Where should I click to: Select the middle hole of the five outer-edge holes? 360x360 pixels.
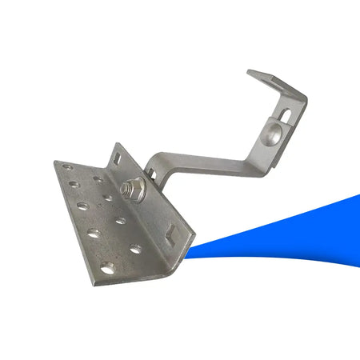point(82,206)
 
